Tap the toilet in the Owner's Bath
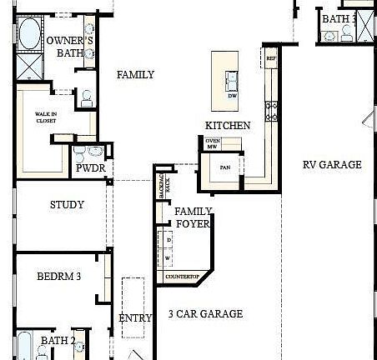point(87,97)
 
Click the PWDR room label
point(89,167)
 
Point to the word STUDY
point(67,205)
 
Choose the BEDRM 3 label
point(58,277)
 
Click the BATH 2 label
point(58,340)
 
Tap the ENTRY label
point(135,317)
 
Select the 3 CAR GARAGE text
point(205,314)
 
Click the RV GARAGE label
point(332,164)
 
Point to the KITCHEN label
point(228,126)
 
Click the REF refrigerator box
point(271,59)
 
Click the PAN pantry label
point(224,167)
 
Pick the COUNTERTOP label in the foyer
point(181,276)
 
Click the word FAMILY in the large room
point(135,75)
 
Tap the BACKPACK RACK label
point(163,188)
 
